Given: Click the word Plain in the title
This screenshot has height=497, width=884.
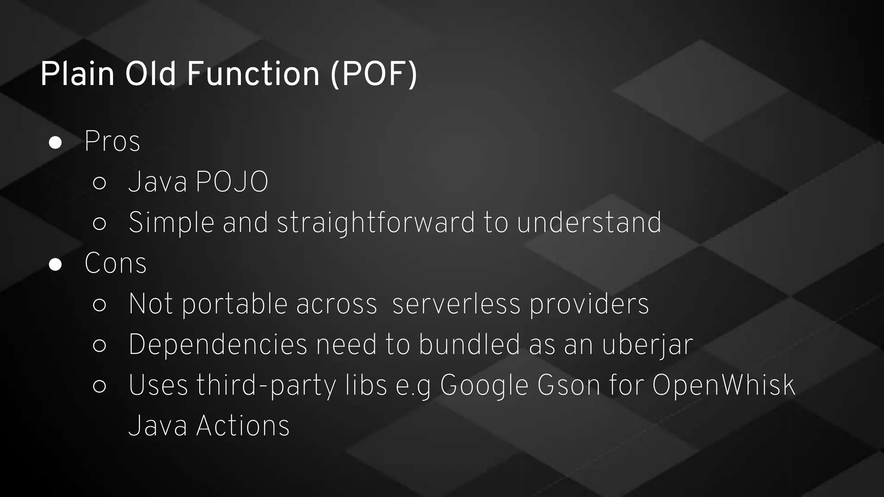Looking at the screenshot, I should [77, 74].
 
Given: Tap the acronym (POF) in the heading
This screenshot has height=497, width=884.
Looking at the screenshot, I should [374, 74].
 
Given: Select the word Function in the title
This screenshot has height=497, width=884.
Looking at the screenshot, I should [253, 74].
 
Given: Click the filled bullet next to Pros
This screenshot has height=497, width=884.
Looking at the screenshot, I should [55, 142].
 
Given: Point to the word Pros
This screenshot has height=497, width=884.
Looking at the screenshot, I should [112, 142].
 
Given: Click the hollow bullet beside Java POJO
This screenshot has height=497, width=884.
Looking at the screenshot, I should [99, 183].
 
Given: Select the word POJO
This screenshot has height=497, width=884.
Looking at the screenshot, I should [232, 182].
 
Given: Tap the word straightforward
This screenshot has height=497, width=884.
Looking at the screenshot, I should [376, 223].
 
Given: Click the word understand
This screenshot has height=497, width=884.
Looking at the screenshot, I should [589, 223].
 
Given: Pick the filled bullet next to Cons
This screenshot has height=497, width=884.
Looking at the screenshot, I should [55, 264].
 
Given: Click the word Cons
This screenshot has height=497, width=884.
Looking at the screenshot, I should [116, 263].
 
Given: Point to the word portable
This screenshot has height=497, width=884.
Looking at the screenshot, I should [234, 305].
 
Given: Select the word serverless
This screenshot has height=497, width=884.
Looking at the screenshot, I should [456, 304].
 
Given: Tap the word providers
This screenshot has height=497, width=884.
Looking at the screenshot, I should [589, 305].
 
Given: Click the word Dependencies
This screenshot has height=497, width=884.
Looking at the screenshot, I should [218, 345].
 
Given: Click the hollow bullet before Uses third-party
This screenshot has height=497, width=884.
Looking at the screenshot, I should [99, 386].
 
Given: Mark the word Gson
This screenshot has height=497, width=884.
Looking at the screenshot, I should [568, 385].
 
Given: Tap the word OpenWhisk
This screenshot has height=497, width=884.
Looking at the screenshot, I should [723, 385].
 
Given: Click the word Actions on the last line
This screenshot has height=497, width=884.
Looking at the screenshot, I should [243, 426].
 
